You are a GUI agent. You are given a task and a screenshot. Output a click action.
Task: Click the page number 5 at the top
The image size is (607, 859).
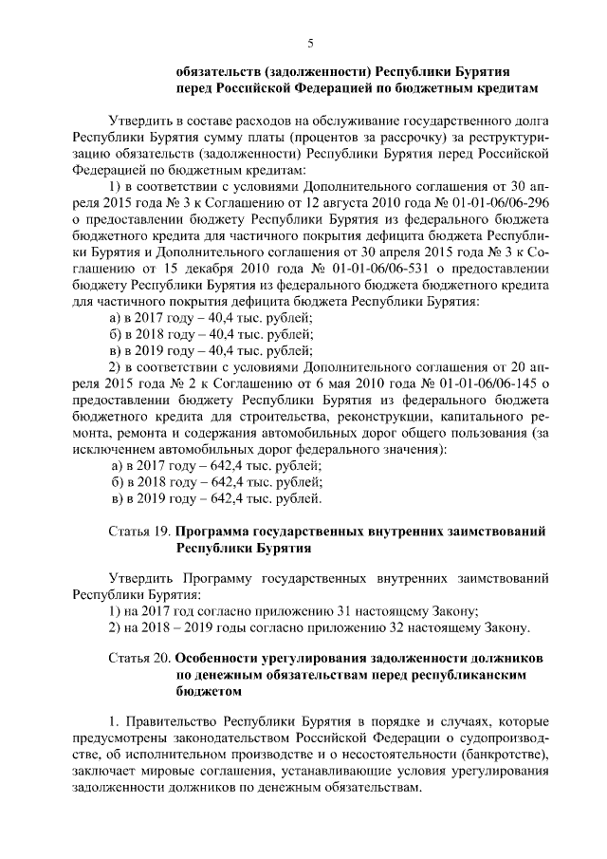pos(309,41)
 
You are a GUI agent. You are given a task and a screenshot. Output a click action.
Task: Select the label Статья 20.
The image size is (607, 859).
pos(139,657)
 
